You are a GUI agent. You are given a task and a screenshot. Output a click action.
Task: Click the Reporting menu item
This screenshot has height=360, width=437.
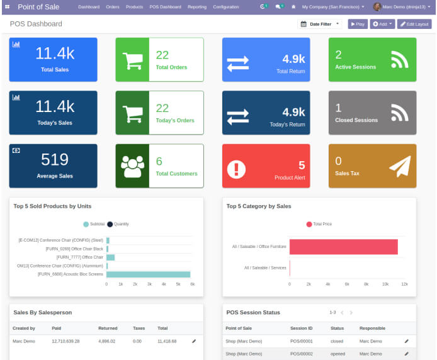tap(196, 7)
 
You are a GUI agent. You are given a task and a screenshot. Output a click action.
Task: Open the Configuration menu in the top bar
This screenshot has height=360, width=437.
tap(225, 7)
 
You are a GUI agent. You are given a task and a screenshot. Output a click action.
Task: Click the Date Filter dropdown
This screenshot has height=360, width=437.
tap(319, 24)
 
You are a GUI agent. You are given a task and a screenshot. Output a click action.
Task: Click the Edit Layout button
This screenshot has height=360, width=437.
tap(414, 24)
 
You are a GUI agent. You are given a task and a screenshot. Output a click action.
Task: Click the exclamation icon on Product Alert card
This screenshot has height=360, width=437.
tap(237, 169)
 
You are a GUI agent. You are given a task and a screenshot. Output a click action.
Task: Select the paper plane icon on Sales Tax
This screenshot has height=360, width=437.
tap(399, 166)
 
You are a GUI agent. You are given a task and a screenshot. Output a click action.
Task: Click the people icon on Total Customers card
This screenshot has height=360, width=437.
tap(132, 166)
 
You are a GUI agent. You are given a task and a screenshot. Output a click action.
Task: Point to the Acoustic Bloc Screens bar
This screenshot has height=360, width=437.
tap(148, 274)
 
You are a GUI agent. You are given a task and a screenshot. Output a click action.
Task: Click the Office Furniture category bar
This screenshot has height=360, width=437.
tap(343, 247)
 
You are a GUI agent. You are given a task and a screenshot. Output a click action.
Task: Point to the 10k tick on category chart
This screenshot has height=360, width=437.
tap(385, 284)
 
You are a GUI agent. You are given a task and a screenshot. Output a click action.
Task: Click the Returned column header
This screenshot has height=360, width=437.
tap(108, 328)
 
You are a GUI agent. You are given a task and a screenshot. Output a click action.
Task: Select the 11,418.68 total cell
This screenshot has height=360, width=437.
tap(166, 340)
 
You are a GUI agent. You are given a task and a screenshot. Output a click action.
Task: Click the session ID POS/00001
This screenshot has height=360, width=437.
tap(301, 340)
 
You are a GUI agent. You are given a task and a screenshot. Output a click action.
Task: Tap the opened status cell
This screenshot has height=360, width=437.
tap(338, 354)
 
